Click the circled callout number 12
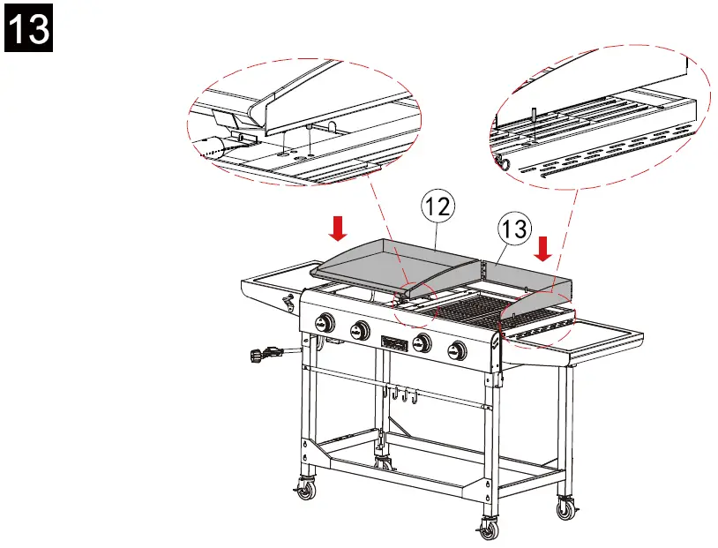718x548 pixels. tap(438, 206)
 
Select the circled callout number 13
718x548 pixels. tap(514, 229)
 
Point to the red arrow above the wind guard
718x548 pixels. tap(543, 248)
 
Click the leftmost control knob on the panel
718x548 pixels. tap(325, 323)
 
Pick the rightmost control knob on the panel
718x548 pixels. tap(458, 350)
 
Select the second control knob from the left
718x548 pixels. tap(360, 331)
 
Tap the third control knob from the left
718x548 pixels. tap(423, 343)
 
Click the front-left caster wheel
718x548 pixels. tap(304, 489)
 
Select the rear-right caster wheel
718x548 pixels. tap(565, 508)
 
